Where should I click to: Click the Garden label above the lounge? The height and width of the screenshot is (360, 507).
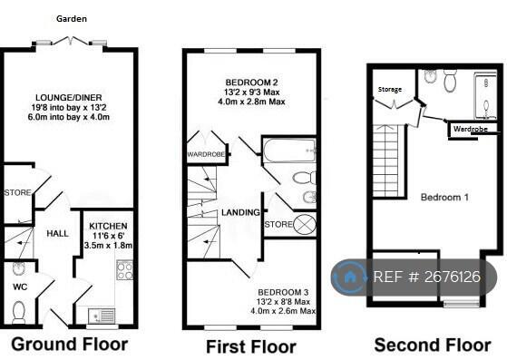tap(72, 19)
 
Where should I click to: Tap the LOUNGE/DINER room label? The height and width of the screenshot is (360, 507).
tap(69, 98)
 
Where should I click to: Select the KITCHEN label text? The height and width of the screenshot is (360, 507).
tap(108, 226)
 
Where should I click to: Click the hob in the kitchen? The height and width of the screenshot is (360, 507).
tap(124, 270)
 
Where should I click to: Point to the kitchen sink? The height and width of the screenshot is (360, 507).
tap(102, 316)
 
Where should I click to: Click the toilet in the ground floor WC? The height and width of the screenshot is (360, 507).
tap(19, 312)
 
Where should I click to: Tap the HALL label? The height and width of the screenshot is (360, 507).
tap(57, 233)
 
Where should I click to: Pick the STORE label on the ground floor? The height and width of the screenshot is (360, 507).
tap(18, 193)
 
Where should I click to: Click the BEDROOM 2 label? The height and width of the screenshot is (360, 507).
tap(251, 83)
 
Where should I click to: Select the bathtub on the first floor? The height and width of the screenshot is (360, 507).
tap(289, 151)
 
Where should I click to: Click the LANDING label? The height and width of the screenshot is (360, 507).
tap(240, 212)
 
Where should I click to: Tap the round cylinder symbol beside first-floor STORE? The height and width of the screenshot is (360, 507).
tap(304, 224)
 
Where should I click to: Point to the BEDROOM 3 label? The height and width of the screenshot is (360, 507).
tap(283, 293)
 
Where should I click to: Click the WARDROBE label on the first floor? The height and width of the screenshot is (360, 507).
tap(206, 154)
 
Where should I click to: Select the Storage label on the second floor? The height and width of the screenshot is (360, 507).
tap(390, 90)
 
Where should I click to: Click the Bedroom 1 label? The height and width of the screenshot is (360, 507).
tap(444, 197)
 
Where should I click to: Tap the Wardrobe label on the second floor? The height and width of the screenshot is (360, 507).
tap(471, 129)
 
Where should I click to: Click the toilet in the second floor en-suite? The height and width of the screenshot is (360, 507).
tap(450, 81)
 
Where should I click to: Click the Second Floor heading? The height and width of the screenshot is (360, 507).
tap(433, 345)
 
